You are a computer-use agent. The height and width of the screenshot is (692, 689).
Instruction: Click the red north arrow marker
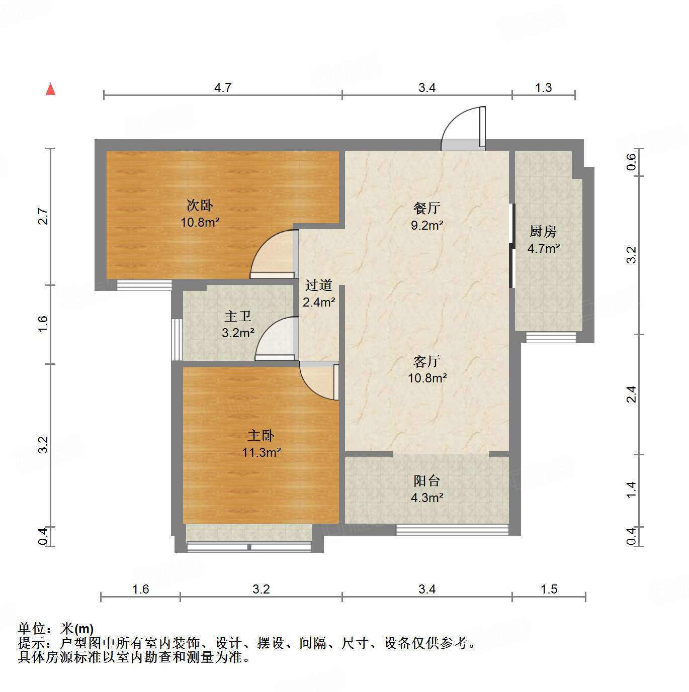[50, 89]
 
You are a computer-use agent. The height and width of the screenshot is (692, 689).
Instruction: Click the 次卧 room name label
[200, 205]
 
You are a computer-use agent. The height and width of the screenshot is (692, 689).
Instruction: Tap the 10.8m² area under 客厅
[427, 378]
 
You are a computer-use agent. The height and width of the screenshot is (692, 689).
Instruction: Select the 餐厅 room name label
[427, 208]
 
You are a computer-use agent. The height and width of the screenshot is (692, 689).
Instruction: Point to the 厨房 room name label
[543, 231]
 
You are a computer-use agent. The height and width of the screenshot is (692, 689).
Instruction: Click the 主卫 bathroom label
[238, 316]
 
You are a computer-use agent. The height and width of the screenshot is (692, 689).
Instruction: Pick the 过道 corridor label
[319, 285]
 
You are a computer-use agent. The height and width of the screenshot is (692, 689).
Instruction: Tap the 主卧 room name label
[261, 435]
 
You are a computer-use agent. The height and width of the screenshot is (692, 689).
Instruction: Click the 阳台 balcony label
[427, 481]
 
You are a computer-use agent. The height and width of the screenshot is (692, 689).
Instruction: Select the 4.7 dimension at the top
[223, 87]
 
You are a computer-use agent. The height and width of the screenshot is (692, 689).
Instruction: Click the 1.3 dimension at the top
[543, 87]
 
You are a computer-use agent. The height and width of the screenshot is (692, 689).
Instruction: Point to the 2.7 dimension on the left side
[43, 216]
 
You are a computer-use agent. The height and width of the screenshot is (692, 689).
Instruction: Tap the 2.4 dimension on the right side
[632, 394]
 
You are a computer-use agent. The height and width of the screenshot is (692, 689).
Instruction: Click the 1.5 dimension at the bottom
[549, 589]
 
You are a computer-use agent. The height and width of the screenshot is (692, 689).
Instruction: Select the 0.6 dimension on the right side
[632, 162]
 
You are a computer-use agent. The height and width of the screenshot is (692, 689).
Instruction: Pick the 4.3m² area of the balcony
[427, 498]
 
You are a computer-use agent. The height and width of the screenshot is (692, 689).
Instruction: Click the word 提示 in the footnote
[31, 643]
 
